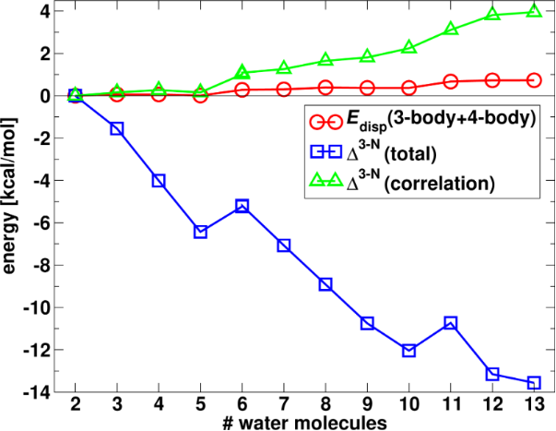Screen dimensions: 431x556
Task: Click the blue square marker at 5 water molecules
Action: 201,232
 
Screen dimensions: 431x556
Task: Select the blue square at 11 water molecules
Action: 451,323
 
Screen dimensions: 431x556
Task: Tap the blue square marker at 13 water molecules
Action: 534,383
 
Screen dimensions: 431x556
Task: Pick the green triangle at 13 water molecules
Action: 534,11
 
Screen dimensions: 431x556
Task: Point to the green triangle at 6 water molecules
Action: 243,72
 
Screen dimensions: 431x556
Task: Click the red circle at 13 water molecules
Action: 534,80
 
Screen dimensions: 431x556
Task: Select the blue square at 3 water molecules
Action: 117,128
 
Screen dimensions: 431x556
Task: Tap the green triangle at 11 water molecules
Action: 451,29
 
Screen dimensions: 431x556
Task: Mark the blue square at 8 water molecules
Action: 325,284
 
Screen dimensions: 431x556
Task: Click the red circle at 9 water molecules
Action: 367,89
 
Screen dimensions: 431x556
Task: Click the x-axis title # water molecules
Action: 304,424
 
